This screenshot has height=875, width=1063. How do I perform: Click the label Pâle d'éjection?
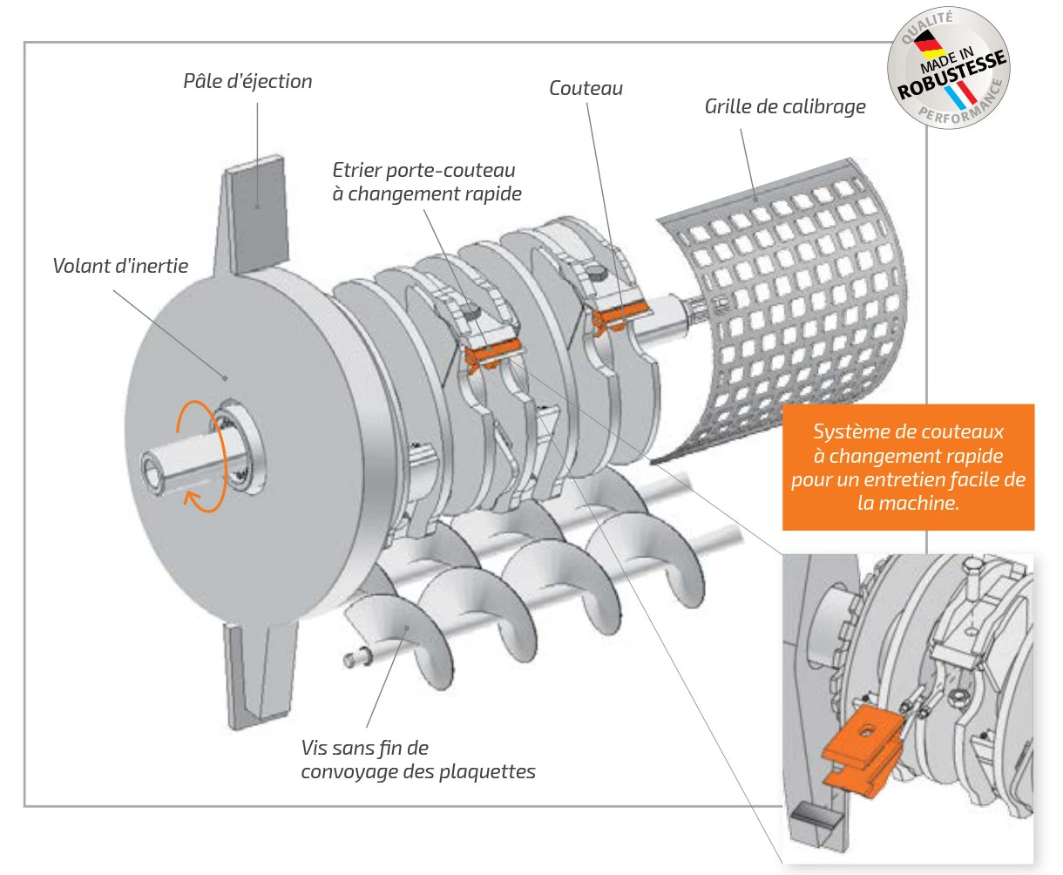point(247,81)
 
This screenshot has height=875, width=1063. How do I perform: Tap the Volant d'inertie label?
point(120,265)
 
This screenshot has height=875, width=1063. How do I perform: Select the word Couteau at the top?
point(586,88)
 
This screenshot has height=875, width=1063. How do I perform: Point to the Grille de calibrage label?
point(785,106)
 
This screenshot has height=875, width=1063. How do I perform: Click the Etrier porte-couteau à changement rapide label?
point(426,181)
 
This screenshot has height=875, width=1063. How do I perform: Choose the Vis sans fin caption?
point(417,759)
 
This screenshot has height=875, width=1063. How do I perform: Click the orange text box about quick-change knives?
point(908,467)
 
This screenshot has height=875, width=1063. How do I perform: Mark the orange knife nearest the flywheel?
point(492,353)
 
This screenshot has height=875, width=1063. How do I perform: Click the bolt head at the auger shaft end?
point(352,659)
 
